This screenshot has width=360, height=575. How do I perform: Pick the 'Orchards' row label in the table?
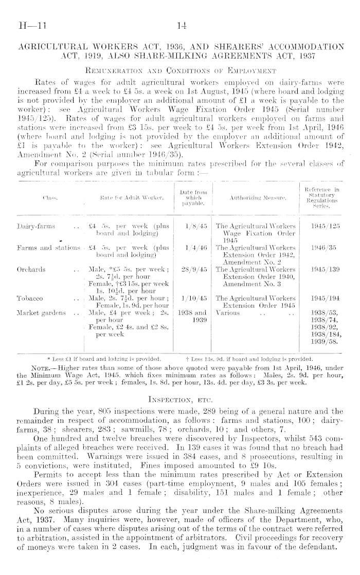tap(31, 268)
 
